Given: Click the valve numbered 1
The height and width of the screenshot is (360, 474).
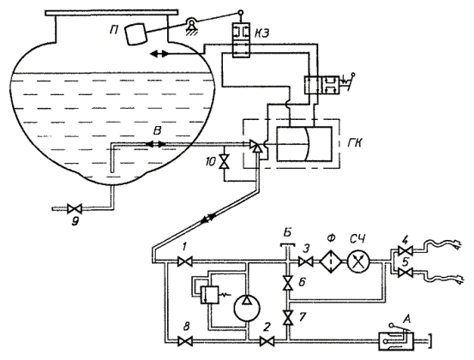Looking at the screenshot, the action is pyautogui.click(x=184, y=261).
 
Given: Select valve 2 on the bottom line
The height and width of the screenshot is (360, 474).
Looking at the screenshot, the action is pyautogui.click(x=267, y=342).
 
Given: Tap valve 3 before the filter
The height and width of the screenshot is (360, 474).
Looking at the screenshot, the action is pyautogui.click(x=306, y=261).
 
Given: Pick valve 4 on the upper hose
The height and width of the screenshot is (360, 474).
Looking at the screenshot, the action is pyautogui.click(x=405, y=250).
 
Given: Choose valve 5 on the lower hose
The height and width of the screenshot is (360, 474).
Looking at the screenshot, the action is pyautogui.click(x=405, y=273).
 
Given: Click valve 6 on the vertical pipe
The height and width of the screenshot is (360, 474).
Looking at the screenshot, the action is pyautogui.click(x=287, y=283).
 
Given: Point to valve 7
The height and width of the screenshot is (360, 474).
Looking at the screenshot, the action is pyautogui.click(x=287, y=317).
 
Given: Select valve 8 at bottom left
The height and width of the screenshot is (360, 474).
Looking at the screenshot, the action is pyautogui.click(x=184, y=342).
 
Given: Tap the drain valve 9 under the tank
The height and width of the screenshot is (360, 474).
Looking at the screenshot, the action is pyautogui.click(x=75, y=208).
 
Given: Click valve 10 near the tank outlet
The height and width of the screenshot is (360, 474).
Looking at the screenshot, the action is pyautogui.click(x=224, y=161).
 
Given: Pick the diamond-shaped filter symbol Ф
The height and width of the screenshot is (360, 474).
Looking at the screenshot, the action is pyautogui.click(x=331, y=261).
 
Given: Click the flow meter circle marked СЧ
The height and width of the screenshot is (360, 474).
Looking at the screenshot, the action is pyautogui.click(x=359, y=261).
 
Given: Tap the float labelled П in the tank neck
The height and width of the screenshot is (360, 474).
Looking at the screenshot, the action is pyautogui.click(x=136, y=33).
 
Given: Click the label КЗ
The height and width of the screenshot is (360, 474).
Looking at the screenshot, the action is pyautogui.click(x=261, y=33).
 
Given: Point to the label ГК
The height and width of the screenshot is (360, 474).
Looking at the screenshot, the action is pyautogui.click(x=354, y=142).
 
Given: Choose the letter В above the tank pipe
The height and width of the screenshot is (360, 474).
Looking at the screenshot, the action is pyautogui.click(x=157, y=131).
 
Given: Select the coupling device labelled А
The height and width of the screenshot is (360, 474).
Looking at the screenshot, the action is pyautogui.click(x=397, y=341).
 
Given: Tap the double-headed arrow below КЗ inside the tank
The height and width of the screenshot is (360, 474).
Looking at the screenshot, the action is pyautogui.click(x=159, y=54).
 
